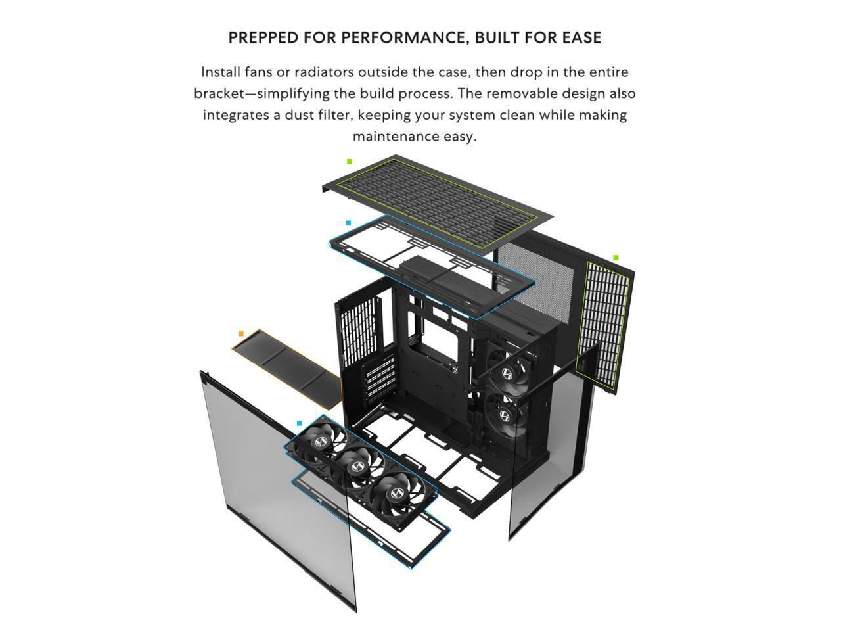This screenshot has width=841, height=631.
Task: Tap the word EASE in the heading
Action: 581,37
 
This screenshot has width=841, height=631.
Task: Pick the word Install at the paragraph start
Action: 221,72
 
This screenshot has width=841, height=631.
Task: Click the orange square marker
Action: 241,334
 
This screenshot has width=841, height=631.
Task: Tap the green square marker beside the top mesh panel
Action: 350,161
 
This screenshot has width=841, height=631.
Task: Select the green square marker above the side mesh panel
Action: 616,258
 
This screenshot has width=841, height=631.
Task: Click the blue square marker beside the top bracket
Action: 348,223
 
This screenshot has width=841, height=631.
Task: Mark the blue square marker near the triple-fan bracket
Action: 300,423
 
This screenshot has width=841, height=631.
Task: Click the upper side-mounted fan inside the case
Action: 508,373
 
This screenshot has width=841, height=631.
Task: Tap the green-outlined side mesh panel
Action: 603,325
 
